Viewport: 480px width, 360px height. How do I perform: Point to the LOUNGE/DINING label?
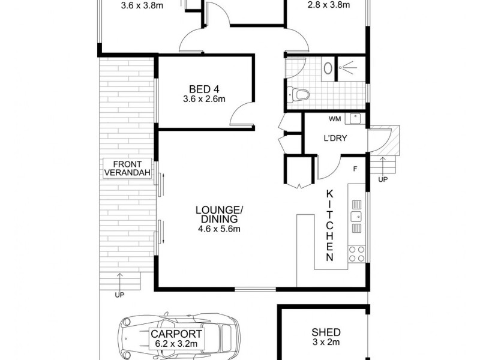pyautogui.click(x=219, y=214)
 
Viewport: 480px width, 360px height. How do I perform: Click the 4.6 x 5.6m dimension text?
pyautogui.click(x=219, y=229)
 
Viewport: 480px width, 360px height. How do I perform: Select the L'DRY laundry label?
pyautogui.click(x=335, y=138)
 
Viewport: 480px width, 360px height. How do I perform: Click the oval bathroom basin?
pyautogui.click(x=328, y=68)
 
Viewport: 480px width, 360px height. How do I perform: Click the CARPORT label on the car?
pyautogui.click(x=176, y=334)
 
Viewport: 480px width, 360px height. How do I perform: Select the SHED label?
pyautogui.click(x=326, y=332)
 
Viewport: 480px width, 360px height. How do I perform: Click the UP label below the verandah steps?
pyautogui.click(x=120, y=295)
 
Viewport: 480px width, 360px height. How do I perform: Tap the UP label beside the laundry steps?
pyautogui.click(x=383, y=179)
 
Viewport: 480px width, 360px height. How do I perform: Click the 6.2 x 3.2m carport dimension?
pyautogui.click(x=176, y=343)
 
